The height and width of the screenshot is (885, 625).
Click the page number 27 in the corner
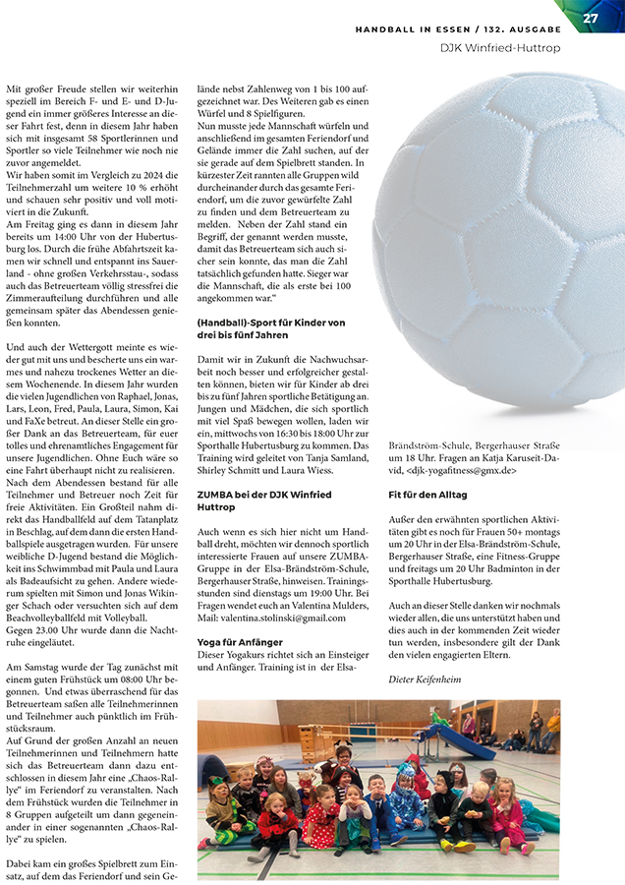coord(590,18)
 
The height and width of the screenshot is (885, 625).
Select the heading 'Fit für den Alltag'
coord(427,495)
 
